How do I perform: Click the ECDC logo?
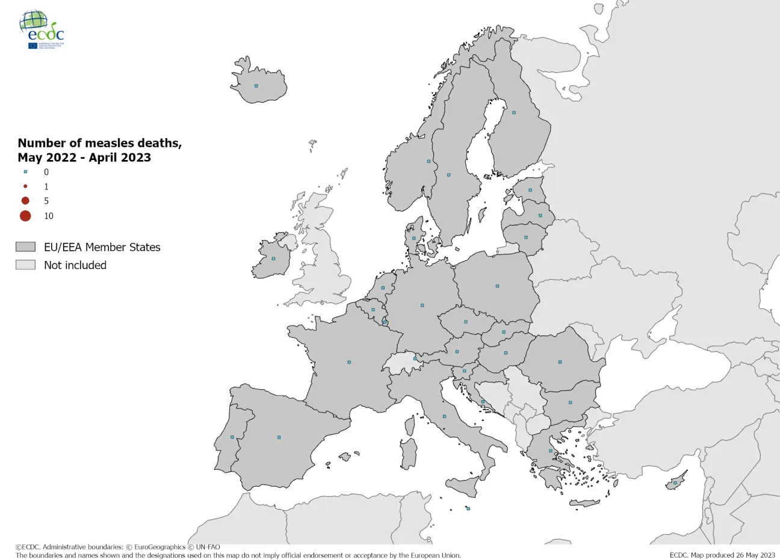click(x=42, y=29)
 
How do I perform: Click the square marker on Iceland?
click(x=256, y=86)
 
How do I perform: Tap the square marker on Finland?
click(x=514, y=112)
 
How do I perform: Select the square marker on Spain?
click(x=279, y=437)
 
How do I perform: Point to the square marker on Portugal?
click(x=232, y=437)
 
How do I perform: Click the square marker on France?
click(x=349, y=362)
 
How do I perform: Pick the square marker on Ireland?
click(x=273, y=259)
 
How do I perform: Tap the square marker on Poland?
click(x=497, y=286)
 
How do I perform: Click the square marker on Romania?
click(x=560, y=362)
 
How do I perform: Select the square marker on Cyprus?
click(x=675, y=482)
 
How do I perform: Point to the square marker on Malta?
click(x=468, y=509)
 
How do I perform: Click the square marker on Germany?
click(x=422, y=305)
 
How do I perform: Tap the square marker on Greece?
click(x=550, y=451)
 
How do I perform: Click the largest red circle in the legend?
click(x=25, y=216)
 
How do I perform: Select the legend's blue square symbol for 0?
click(x=25, y=172)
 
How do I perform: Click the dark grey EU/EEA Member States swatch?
click(x=25, y=247)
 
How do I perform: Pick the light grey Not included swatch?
click(x=25, y=265)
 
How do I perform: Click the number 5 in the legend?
click(x=46, y=201)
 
